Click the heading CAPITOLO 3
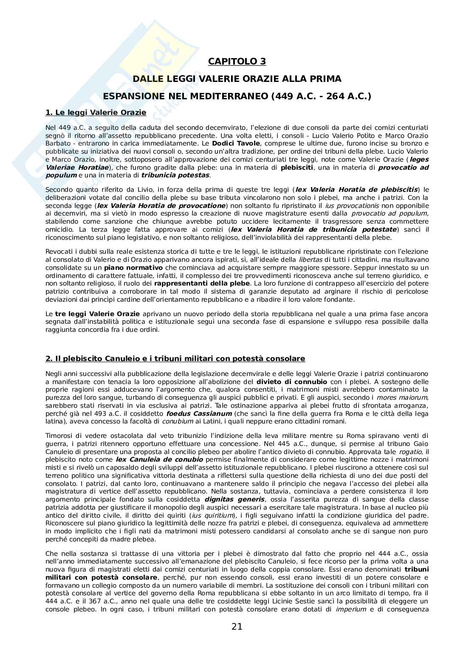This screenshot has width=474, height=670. (237, 62)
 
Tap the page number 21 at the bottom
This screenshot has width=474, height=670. (237, 627)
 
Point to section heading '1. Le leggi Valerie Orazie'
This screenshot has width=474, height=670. (96, 112)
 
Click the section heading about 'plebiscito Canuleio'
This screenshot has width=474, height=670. (175, 359)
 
